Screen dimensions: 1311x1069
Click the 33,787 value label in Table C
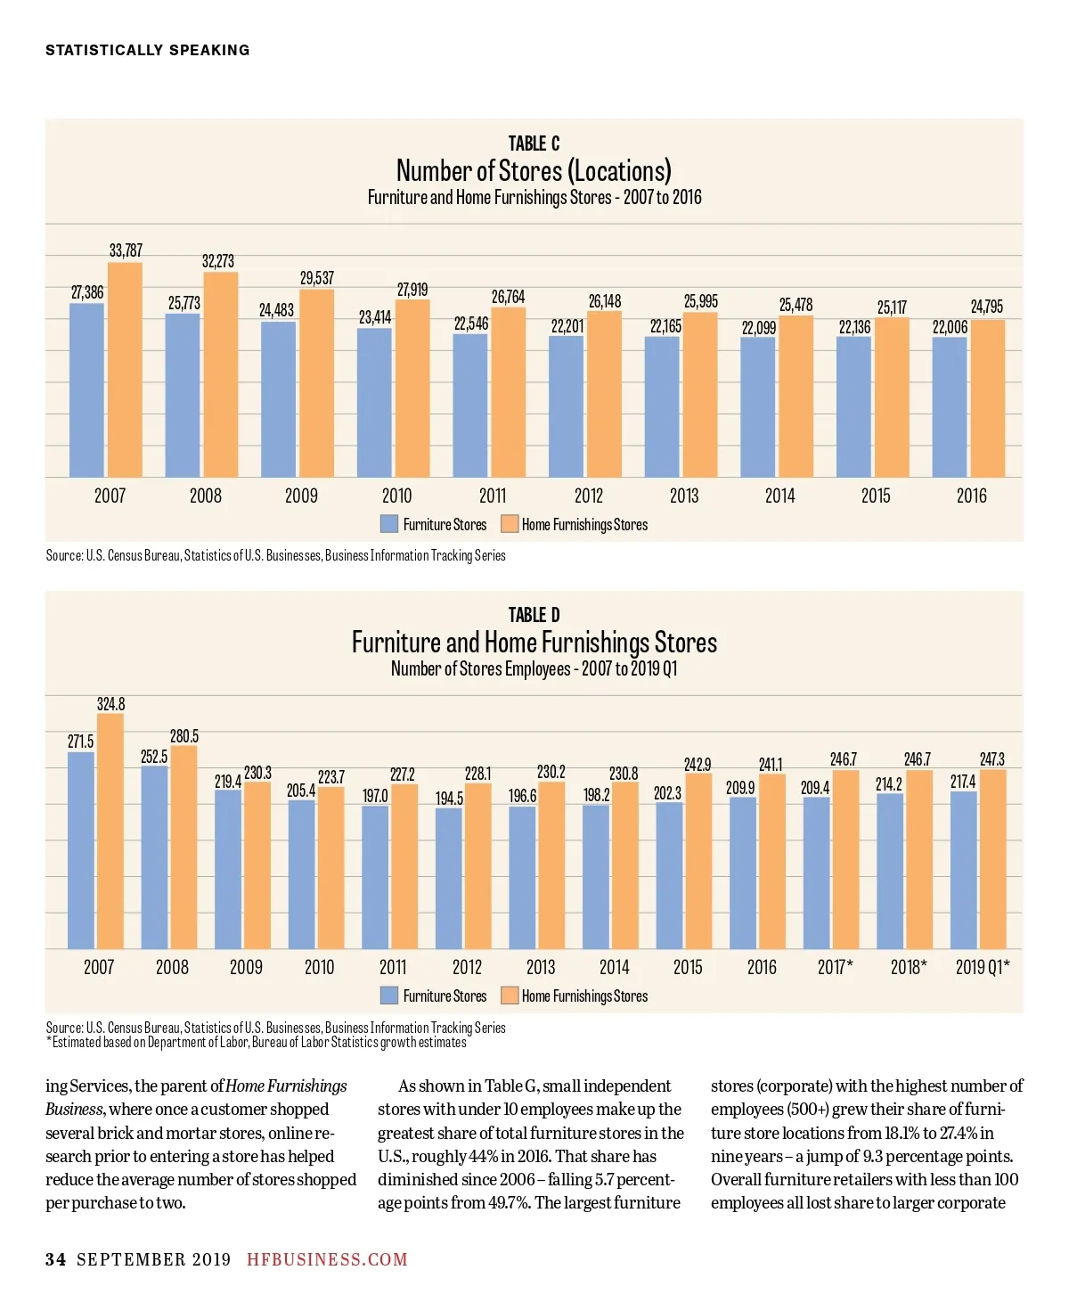pos(126,250)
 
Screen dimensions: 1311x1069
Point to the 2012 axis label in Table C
pos(588,496)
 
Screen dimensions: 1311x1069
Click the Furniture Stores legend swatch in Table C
pos(389,524)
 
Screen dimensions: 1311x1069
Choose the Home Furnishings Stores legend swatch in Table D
pos(510,996)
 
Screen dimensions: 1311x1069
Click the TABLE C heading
pos(534,143)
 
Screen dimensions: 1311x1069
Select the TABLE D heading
pos(534,615)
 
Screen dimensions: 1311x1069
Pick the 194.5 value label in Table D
pos(449,799)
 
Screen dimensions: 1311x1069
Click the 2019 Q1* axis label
pos(983,967)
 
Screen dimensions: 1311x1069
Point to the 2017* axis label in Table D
pos(835,967)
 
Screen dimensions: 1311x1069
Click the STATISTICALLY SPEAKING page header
pos(148,50)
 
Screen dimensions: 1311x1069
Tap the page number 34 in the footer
pos(55,1259)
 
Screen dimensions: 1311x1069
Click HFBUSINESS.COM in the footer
pos(327,1259)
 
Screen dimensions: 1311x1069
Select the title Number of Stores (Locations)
pos(534,170)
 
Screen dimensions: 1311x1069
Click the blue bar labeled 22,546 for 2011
pos(469,406)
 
